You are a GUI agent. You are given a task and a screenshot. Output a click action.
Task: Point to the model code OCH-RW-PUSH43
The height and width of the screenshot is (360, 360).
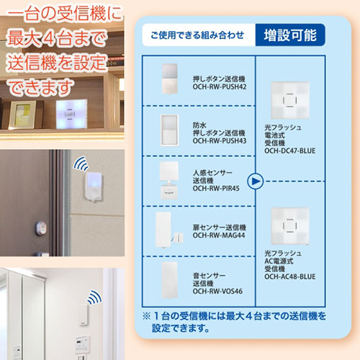[220, 141]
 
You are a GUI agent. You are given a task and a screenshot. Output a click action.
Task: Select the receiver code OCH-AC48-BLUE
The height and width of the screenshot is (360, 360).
[290, 276]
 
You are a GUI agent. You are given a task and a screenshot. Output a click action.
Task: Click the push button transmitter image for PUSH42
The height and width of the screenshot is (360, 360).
[170, 78]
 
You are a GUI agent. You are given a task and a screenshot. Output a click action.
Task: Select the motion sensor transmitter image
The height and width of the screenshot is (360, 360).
[170, 178]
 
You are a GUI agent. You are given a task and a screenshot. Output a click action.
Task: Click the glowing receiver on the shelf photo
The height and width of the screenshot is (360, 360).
[68, 114]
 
